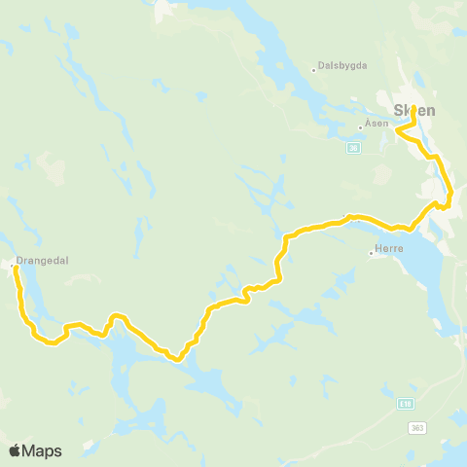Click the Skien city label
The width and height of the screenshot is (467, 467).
click(413, 110)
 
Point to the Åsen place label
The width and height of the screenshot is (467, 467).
click(377, 125)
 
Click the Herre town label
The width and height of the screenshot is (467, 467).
click(388, 251)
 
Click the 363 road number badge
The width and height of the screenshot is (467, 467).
click(417, 428)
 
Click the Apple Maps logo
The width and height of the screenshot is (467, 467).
click(35, 450)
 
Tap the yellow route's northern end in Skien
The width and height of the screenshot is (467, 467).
click(413, 107)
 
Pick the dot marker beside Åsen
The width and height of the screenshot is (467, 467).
click(360, 126)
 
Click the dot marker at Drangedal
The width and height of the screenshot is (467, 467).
click(11, 264)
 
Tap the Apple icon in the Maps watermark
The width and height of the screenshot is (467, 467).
click(15, 450)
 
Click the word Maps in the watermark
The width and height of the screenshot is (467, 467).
click(43, 450)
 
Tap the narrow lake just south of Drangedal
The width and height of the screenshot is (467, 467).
click(29, 292)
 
